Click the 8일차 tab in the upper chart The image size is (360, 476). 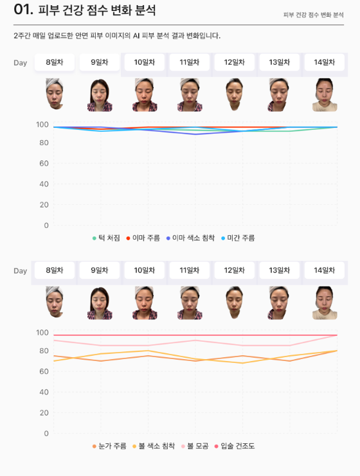pos(55,62)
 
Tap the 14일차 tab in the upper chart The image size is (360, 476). pos(324,62)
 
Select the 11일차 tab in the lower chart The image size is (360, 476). pos(189,270)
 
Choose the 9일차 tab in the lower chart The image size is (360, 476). pos(100,270)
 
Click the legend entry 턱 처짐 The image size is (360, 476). pos(106,238)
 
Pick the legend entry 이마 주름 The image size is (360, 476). pos(143,238)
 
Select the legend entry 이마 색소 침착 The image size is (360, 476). pos(190,238)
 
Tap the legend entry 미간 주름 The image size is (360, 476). pos(238,238)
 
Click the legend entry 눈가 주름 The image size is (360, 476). pos(109,446)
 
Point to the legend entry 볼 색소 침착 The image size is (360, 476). pos(154,446)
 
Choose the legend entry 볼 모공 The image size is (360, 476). pos(195,446)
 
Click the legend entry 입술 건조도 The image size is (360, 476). pos(235,446)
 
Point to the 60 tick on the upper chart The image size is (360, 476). pos(44,163)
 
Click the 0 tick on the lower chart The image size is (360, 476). pos(46,434)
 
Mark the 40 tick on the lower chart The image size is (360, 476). pos(44,392)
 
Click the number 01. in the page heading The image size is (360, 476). pos(23,10)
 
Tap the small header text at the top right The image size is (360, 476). pos(314,15)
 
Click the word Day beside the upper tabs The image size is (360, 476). pos(21,63)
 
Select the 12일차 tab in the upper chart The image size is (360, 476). pos(234,62)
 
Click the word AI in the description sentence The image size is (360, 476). pos(136,36)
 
